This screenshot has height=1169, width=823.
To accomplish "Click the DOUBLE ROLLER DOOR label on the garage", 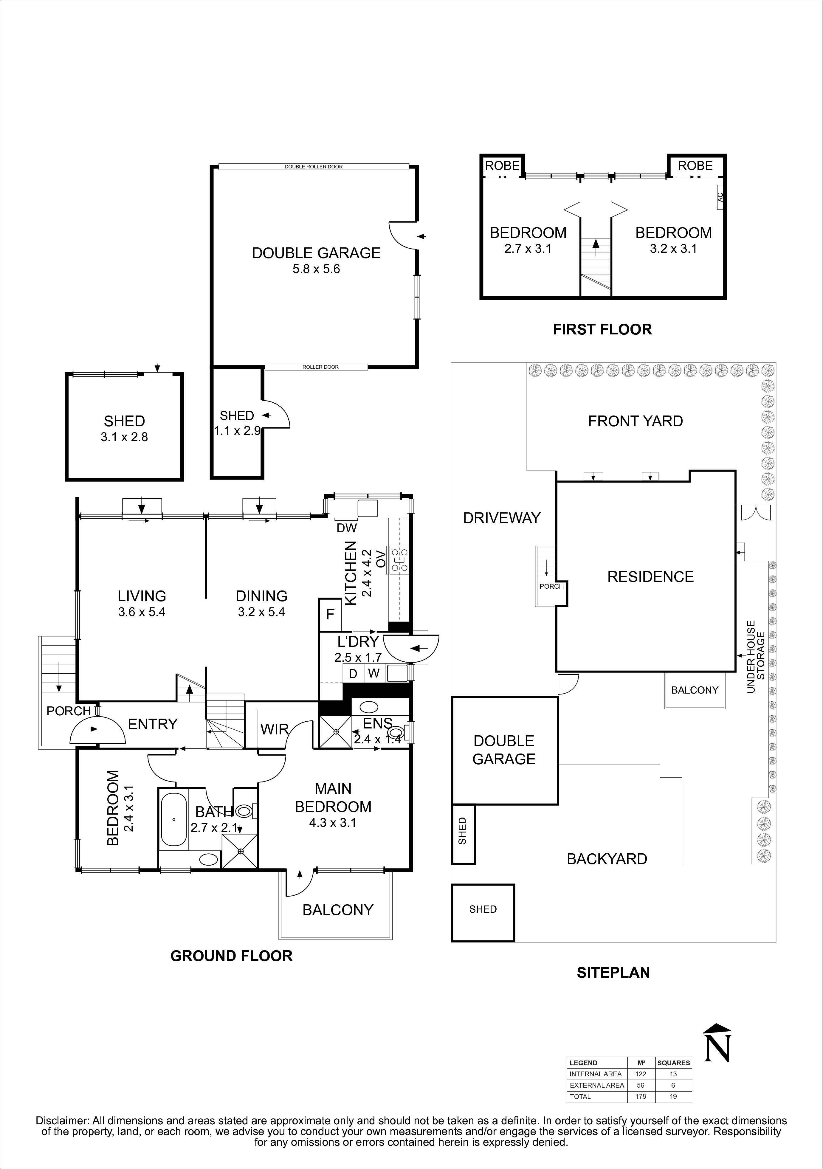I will click(x=313, y=167).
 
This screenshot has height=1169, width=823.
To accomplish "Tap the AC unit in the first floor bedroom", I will click(x=720, y=196).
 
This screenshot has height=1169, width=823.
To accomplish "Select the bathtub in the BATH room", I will click(x=174, y=820).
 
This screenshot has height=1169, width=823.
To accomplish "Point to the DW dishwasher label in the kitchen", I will click(x=347, y=528).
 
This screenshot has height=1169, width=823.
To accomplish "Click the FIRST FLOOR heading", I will click(x=602, y=329).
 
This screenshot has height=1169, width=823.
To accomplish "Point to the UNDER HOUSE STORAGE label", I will click(x=756, y=657).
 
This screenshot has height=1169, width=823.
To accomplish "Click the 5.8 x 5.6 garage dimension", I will click(x=316, y=269).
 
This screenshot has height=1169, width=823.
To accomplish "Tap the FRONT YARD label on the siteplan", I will click(x=635, y=421).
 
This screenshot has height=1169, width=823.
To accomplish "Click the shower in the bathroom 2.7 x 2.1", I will click(x=240, y=851).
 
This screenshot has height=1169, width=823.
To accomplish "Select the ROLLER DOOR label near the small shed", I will click(x=320, y=367).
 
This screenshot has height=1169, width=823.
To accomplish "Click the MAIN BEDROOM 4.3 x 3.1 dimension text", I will click(x=333, y=822).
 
